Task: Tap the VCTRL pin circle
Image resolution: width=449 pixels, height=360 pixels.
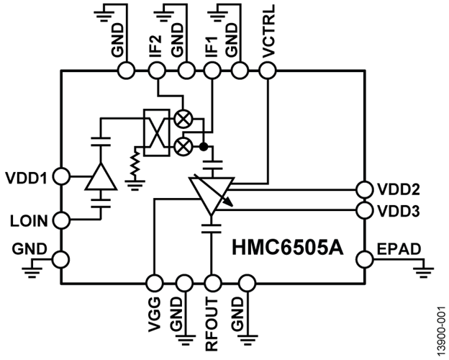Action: pyautogui.click(x=267, y=71)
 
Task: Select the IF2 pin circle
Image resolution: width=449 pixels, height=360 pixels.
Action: pyautogui.click(x=155, y=71)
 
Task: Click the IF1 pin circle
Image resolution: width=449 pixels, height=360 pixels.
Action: pyautogui.click(x=212, y=71)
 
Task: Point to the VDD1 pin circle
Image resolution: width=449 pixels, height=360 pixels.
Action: pyautogui.click(x=62, y=176)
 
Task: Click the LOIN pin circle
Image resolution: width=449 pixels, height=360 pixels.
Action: pyautogui.click(x=62, y=219)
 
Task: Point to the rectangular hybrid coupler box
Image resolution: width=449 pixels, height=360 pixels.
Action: pyautogui.click(x=155, y=132)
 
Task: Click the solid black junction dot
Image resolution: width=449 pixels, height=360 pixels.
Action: pyautogui.click(x=204, y=146)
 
